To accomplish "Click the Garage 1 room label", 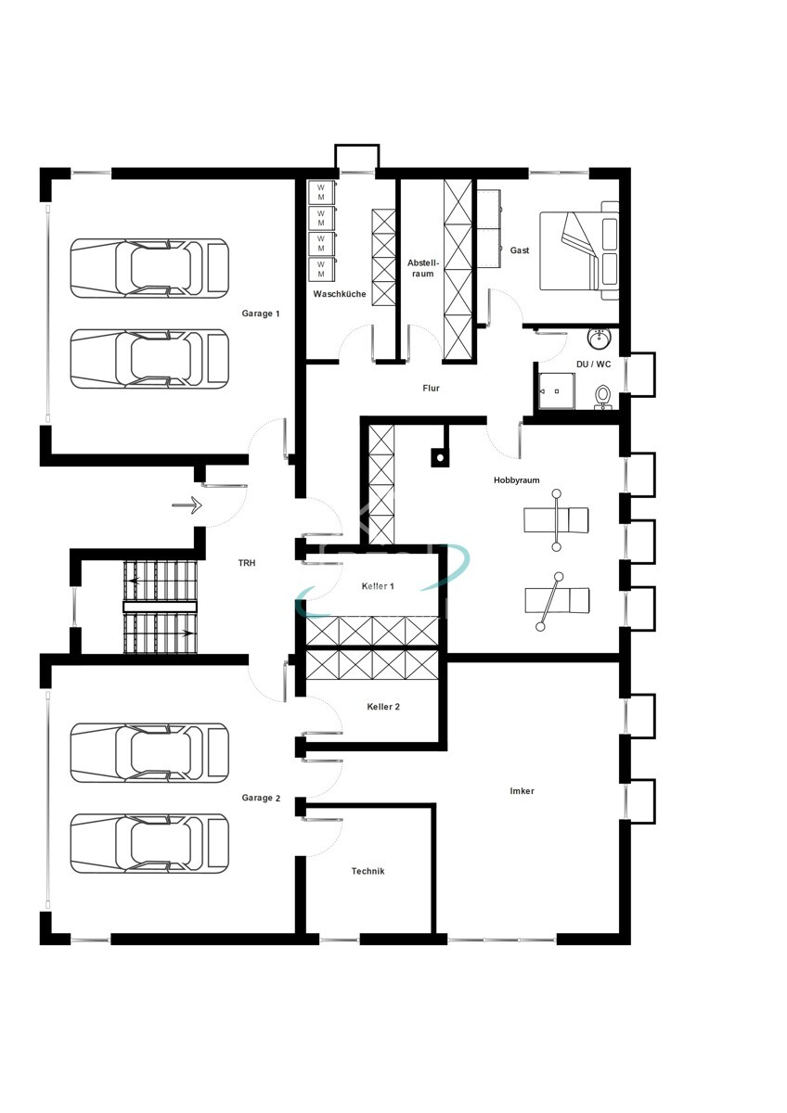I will click(x=260, y=313).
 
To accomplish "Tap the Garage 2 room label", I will click(x=260, y=798).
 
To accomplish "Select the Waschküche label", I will click(x=339, y=294).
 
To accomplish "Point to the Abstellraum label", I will click(x=421, y=268).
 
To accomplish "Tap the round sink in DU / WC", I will click(x=599, y=337).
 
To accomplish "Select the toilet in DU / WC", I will click(x=603, y=395).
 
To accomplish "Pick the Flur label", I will click(x=431, y=388).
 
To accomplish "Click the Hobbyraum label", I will click(x=516, y=480).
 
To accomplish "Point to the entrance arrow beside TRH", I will click(x=187, y=505).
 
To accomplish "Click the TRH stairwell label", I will click(x=246, y=563).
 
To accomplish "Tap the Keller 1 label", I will click(x=378, y=586).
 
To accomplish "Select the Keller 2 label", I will click(x=383, y=707).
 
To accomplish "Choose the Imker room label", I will click(x=522, y=791).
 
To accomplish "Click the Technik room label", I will click(x=368, y=871).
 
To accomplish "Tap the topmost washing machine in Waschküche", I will click(x=320, y=192).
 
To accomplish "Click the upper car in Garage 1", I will click(x=149, y=268).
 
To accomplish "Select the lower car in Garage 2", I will click(x=149, y=843).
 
